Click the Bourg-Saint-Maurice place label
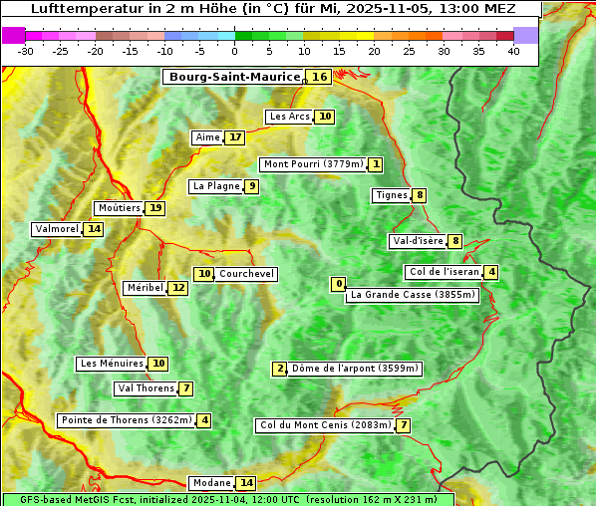pos(234,77)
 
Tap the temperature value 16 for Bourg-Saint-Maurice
pos(319,77)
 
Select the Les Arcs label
pos(290,117)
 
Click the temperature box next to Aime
pos(234,137)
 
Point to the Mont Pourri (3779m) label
pos(312,164)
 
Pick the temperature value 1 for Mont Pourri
pos(375,164)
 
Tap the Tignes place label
pos(391,195)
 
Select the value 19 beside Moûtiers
pos(155,208)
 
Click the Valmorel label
pos(57,229)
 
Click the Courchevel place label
pos(246,274)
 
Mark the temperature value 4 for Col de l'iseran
pos(491,272)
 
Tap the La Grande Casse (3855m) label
pos(413,295)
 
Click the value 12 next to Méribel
pos(177,288)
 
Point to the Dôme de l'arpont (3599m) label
pos(355,369)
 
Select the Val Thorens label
pos(146,388)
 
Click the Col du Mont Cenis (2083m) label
pos(324,426)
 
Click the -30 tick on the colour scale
pos(26,51)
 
